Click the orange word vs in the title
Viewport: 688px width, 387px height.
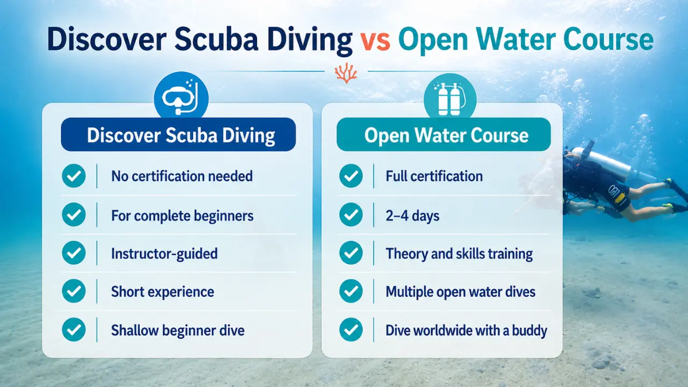[x=375, y=41]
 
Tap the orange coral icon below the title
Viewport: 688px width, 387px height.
[x=346, y=73]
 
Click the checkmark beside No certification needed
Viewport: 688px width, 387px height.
[x=74, y=176]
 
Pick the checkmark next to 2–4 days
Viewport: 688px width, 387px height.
[x=351, y=214]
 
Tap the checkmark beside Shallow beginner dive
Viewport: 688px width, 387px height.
[x=74, y=330]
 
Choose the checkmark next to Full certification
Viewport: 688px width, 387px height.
[x=351, y=176]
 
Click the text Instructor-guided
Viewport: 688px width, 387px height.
[x=164, y=254]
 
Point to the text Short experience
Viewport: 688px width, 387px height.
[x=162, y=292]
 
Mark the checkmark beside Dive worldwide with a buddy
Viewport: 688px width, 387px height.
[x=351, y=330]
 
